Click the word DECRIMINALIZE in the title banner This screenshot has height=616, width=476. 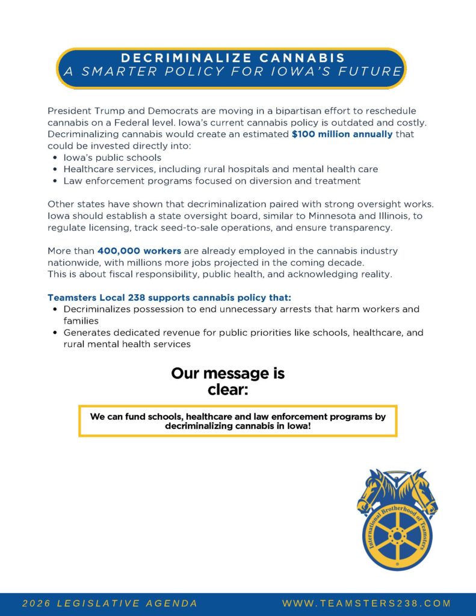[x=176, y=58]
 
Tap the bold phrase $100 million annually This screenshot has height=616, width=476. [x=342, y=134]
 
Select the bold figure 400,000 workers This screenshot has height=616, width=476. [x=139, y=251]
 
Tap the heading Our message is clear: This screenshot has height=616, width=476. [x=228, y=381]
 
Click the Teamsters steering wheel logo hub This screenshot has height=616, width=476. [x=397, y=534]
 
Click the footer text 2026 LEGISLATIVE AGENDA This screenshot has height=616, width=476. [x=110, y=603]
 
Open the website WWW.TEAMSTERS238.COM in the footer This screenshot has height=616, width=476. [x=366, y=603]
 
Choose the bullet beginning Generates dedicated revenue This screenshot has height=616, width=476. [x=243, y=333]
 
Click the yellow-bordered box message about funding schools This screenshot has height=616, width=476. [x=238, y=420]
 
